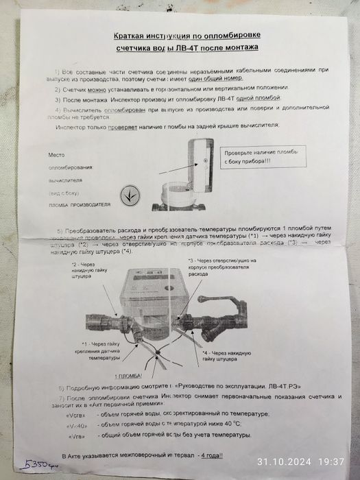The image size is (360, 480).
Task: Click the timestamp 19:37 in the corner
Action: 330,461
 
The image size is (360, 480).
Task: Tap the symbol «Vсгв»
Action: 75,413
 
